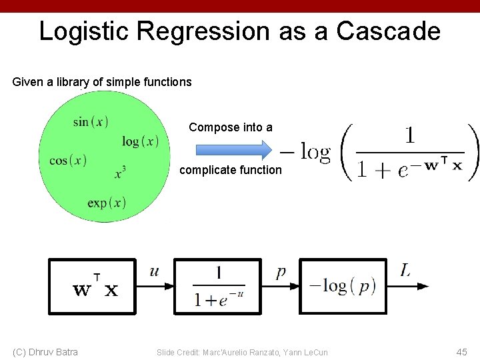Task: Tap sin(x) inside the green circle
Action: point(91,121)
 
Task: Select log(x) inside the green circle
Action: point(140,141)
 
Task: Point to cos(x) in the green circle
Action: point(68,161)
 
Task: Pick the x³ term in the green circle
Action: point(120,173)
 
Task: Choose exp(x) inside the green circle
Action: point(107,203)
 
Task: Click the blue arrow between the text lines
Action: point(231,148)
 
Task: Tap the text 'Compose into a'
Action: point(231,127)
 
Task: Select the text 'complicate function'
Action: point(231,170)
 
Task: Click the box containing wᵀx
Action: point(93,286)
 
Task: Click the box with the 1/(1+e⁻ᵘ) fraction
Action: point(219,286)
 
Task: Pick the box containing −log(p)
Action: point(343,286)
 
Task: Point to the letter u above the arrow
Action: point(155,271)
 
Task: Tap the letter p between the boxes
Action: point(281,272)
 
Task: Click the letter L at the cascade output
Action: point(405,270)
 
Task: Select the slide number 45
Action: point(462,351)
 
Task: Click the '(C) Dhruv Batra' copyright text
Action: point(45,351)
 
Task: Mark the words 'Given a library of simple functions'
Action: point(102,82)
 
